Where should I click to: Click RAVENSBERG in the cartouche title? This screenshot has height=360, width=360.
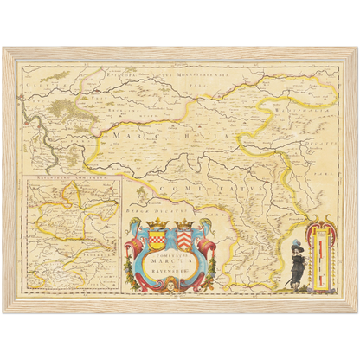click(172, 278)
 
